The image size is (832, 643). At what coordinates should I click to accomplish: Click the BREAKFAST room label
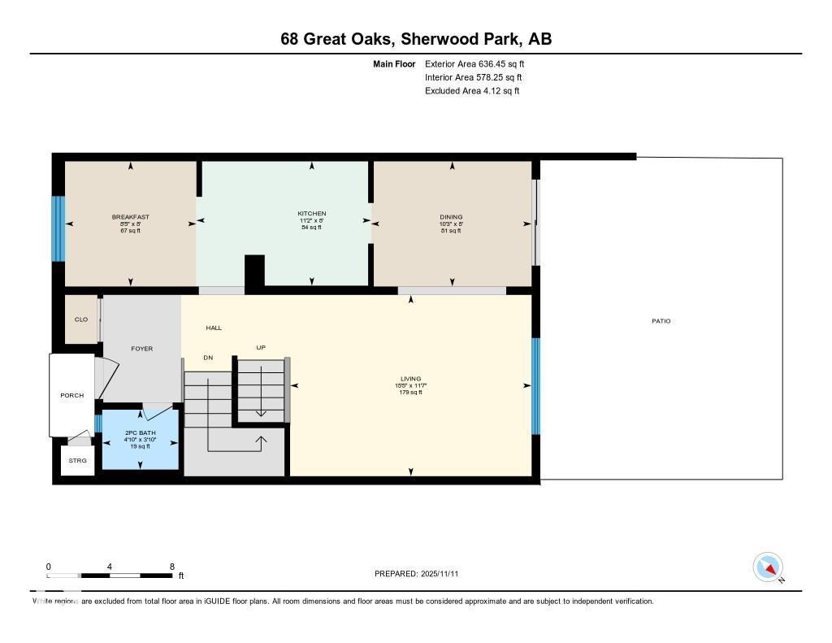(130, 217)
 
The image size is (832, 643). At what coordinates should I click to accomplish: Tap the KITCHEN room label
(311, 214)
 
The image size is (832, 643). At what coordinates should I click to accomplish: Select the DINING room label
(451, 217)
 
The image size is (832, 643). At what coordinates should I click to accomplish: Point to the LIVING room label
(409, 379)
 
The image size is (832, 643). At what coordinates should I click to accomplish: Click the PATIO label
(661, 321)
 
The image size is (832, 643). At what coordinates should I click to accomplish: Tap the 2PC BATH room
(140, 440)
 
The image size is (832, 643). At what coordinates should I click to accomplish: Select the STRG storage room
(78, 460)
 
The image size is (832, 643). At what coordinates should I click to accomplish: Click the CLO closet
(81, 319)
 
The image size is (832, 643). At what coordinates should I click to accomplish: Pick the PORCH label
(71, 396)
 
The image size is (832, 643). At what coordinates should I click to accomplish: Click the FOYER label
(142, 349)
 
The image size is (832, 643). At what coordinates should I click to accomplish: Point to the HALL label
(214, 328)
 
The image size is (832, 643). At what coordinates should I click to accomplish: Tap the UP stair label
(261, 348)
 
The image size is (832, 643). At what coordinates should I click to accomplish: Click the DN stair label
(208, 358)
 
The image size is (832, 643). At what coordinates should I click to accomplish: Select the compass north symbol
(769, 567)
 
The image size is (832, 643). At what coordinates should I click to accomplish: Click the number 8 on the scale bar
(172, 567)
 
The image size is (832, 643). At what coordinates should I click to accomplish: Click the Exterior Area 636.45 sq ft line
(479, 63)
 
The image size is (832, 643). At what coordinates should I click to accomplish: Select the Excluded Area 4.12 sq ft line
(471, 91)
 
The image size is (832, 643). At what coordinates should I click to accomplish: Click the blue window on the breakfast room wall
(58, 228)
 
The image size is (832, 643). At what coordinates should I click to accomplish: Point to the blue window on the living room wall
(535, 386)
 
